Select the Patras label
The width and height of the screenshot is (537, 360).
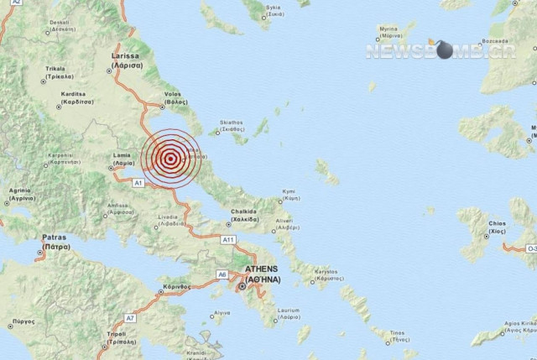56,243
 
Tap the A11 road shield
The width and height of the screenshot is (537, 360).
227,240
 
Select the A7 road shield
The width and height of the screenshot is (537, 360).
130,318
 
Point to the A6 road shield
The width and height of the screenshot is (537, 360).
222,274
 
